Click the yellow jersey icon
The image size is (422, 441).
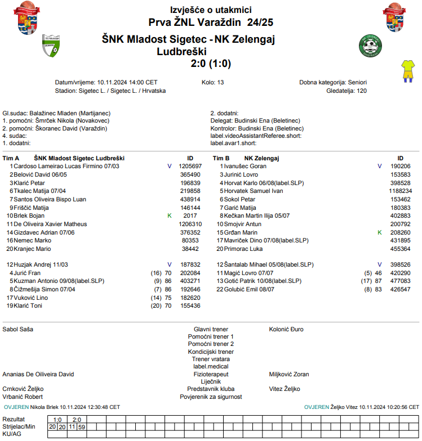407,70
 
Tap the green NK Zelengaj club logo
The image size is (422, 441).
370,46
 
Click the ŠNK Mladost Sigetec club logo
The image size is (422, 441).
51,46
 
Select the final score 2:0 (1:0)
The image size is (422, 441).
211,63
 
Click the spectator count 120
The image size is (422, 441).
362,91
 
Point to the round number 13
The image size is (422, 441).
220,82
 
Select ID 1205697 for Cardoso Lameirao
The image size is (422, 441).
190,166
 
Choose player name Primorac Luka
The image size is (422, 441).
243,249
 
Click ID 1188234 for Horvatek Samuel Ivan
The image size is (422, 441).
399,191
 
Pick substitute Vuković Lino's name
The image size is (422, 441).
31,298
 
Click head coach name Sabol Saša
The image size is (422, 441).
19,328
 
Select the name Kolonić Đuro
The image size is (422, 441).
286,328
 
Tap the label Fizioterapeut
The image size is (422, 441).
211,374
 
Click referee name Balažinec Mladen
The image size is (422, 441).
54,113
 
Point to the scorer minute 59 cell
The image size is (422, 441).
82,427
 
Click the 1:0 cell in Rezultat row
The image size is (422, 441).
57,420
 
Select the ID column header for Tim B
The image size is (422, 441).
400,158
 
